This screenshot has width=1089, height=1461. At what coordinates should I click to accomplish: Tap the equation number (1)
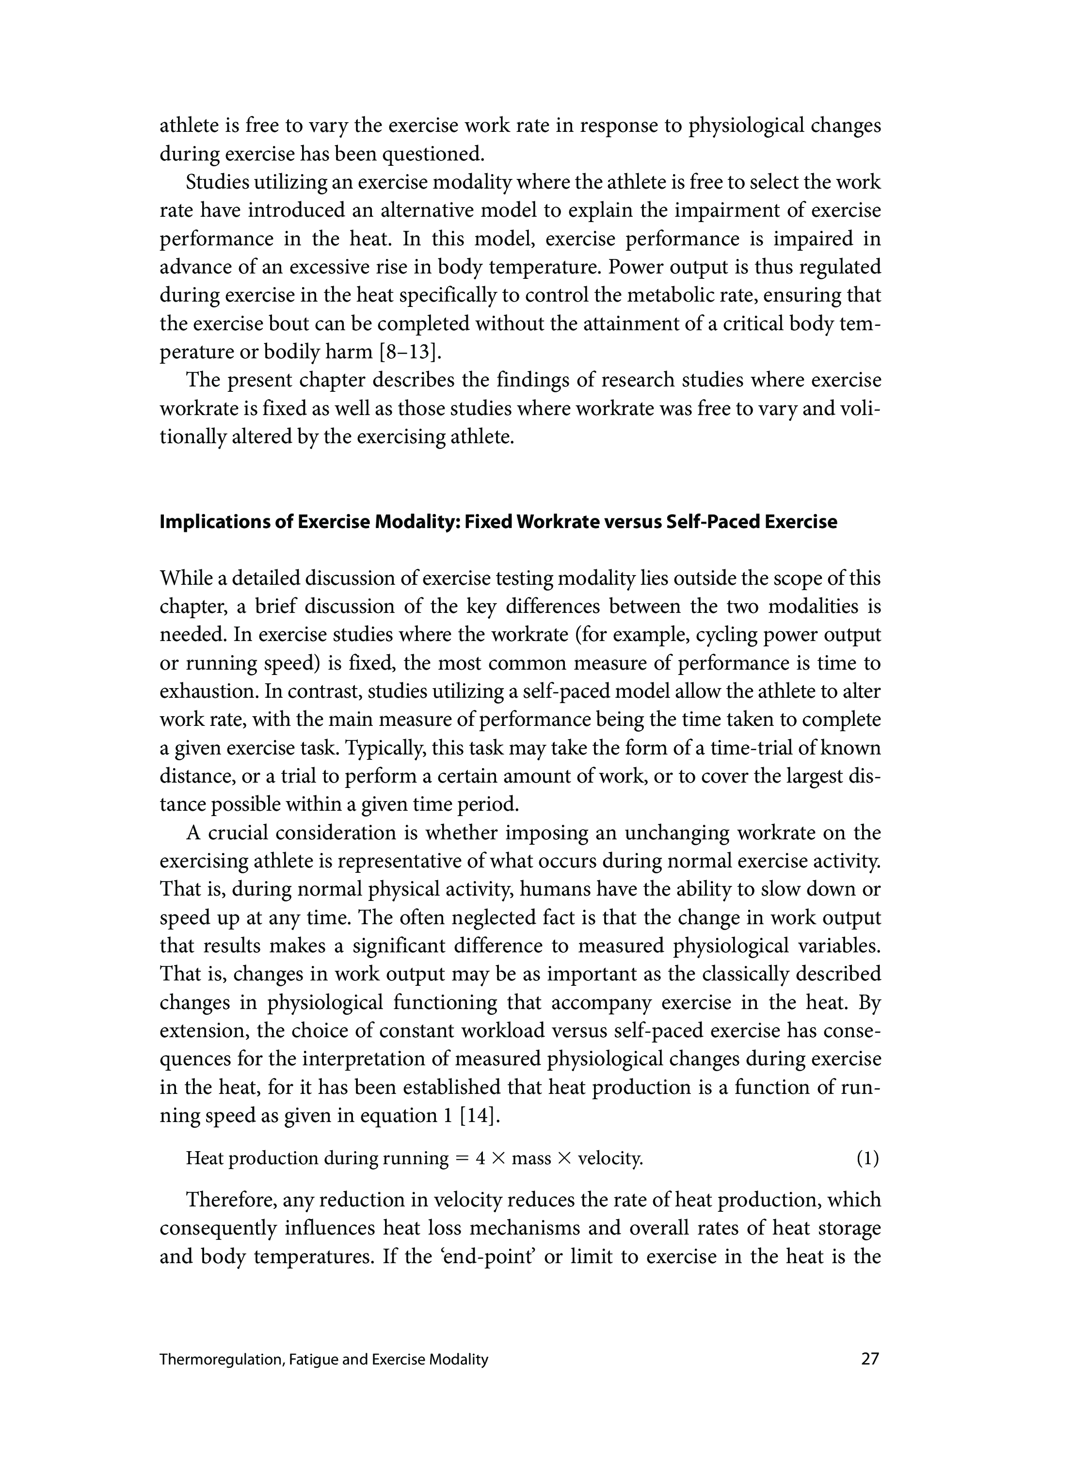pyautogui.click(x=867, y=1158)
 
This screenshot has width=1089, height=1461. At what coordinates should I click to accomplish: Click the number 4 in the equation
pyautogui.click(x=480, y=1158)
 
